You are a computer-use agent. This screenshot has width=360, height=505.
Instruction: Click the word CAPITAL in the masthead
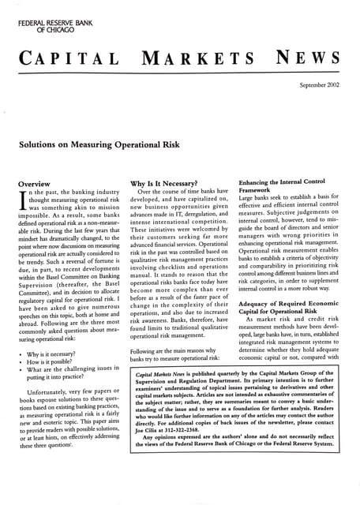click(x=69, y=59)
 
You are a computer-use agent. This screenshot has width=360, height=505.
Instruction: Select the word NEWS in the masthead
click(x=309, y=59)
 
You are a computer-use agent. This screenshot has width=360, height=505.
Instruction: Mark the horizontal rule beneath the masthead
click(x=180, y=73)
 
